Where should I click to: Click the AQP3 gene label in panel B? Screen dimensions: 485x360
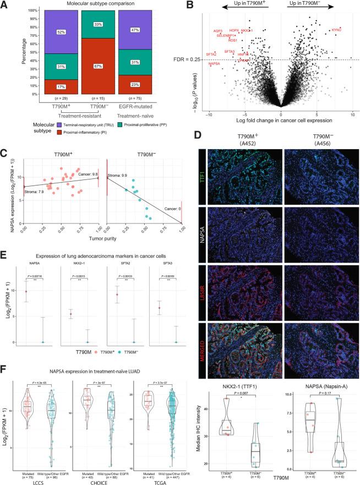[x=218, y=31]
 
